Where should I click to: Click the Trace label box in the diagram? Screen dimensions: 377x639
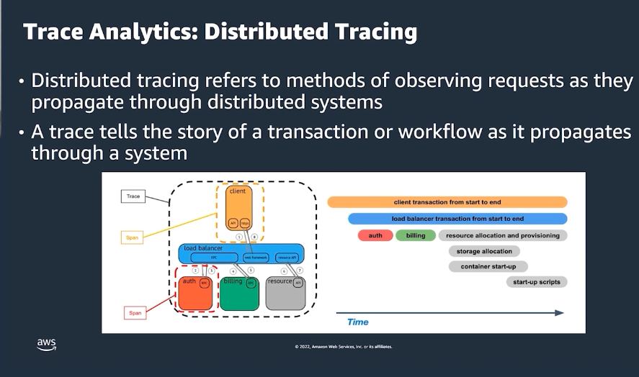pyautogui.click(x=133, y=196)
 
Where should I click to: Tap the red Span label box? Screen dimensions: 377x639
pyautogui.click(x=134, y=313)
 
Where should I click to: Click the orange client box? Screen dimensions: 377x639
pyautogui.click(x=238, y=209)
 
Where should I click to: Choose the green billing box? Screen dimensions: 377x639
pyautogui.click(x=238, y=292)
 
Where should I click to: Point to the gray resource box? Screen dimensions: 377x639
pyautogui.click(x=285, y=292)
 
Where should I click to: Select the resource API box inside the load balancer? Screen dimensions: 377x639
pyautogui.click(x=286, y=256)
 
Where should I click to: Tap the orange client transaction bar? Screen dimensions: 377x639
pyautogui.click(x=447, y=202)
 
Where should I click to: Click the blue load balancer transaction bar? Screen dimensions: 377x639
pyautogui.click(x=457, y=219)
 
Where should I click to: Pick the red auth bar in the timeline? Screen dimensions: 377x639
pyautogui.click(x=375, y=235)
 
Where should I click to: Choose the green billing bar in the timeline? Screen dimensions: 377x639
pyautogui.click(x=416, y=235)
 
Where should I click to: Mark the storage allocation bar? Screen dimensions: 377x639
pyautogui.click(x=484, y=251)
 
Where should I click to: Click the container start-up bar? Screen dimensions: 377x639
pyautogui.click(x=488, y=266)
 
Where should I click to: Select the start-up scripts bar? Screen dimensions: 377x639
pyautogui.click(x=536, y=282)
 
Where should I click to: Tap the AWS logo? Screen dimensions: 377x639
pyautogui.click(x=46, y=345)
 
